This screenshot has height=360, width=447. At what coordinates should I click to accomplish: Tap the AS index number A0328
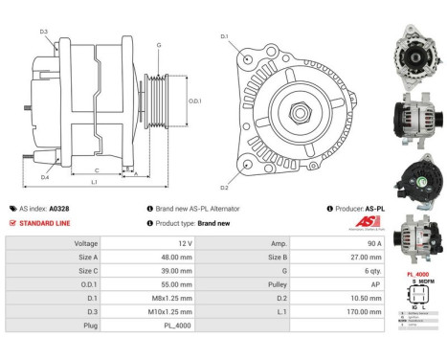coord(58,208)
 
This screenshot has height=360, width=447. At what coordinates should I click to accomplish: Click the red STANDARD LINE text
coord(42,222)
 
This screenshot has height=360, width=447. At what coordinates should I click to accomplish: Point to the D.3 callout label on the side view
coord(44,32)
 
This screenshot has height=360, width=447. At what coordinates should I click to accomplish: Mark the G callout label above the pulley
coord(159,45)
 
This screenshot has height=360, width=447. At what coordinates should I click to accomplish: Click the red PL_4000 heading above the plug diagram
coord(416,274)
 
